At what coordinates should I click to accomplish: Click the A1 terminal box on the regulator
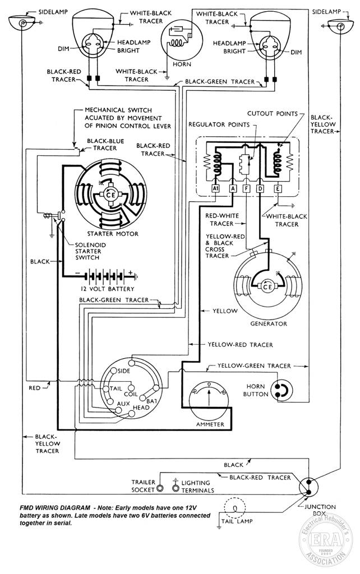[216, 188]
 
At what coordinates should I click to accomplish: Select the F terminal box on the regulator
[247, 188]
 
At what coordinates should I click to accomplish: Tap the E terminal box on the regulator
[278, 188]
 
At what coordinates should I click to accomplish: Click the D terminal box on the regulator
[260, 188]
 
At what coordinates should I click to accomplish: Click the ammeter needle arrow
[209, 397]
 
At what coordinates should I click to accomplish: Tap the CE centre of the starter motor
[110, 195]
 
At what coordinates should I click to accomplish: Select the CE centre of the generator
[267, 286]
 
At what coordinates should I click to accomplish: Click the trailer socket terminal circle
[160, 488]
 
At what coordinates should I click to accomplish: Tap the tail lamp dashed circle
[235, 507]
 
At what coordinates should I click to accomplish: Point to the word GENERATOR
[269, 323]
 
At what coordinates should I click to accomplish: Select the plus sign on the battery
[130, 272]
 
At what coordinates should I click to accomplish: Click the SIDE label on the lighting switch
[124, 371]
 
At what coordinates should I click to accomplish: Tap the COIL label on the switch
[131, 394]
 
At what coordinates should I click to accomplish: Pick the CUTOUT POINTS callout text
[273, 113]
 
